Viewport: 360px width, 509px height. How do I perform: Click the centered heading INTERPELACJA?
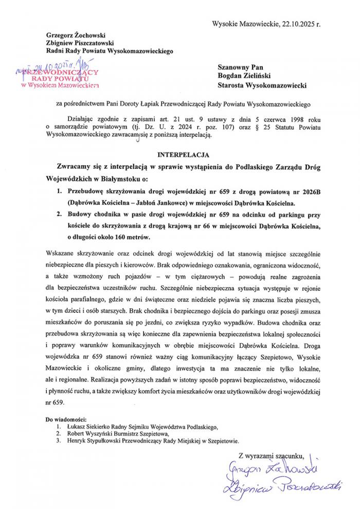pyautogui.click(x=180, y=153)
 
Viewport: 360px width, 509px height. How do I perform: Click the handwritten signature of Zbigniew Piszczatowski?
pyautogui.click(x=282, y=485)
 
